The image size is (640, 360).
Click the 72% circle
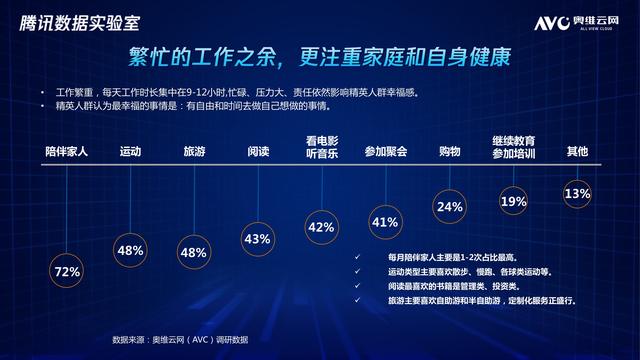pyautogui.click(x=67, y=271)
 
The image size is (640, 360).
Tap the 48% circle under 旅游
pyautogui.click(x=193, y=252)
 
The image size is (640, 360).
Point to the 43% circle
pyautogui.click(x=257, y=239)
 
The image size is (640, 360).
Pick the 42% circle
pyautogui.click(x=321, y=228)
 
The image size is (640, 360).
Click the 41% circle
pyautogui.click(x=385, y=223)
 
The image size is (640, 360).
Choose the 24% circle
pyautogui.click(x=449, y=207)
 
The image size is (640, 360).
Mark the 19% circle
pyautogui.click(x=513, y=202)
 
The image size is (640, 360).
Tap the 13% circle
pyautogui.click(x=577, y=194)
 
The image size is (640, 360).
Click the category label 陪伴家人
pyautogui.click(x=67, y=152)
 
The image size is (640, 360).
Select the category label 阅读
pyautogui.click(x=257, y=152)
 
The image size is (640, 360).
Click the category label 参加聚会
pyautogui.click(x=385, y=152)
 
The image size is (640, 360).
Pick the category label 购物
pyautogui.click(x=449, y=152)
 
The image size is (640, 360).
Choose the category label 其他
pyautogui.click(x=577, y=152)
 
